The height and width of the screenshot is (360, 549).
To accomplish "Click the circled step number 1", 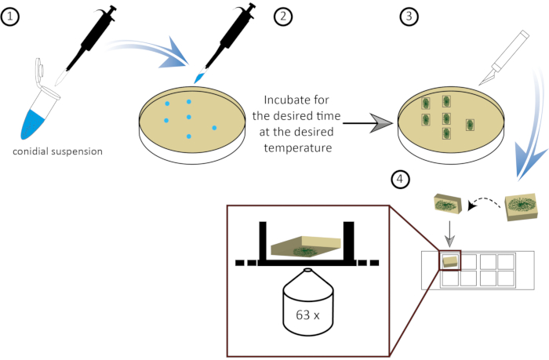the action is click(x=9, y=16).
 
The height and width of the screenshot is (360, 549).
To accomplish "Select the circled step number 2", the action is click(x=283, y=16).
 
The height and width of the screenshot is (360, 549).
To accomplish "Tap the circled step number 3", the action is click(x=409, y=16).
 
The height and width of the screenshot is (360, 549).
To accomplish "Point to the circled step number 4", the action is click(x=400, y=180).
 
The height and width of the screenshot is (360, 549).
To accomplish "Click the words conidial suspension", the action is click(x=58, y=151).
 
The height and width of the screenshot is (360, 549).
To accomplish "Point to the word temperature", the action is click(x=298, y=147).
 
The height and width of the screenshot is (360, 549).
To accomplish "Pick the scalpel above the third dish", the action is click(x=504, y=58).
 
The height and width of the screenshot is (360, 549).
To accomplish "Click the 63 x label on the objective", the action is click(x=307, y=315).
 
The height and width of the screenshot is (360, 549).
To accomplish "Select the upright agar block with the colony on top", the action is click(x=521, y=206).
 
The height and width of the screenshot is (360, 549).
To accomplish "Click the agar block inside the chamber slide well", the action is click(x=449, y=261).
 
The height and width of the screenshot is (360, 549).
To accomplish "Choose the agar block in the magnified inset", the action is click(x=306, y=249).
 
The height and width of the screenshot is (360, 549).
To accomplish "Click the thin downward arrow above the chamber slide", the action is click(x=450, y=234).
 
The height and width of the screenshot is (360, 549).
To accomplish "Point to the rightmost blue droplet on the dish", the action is click(x=214, y=128).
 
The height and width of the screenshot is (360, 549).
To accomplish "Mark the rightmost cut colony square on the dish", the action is click(x=470, y=125).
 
